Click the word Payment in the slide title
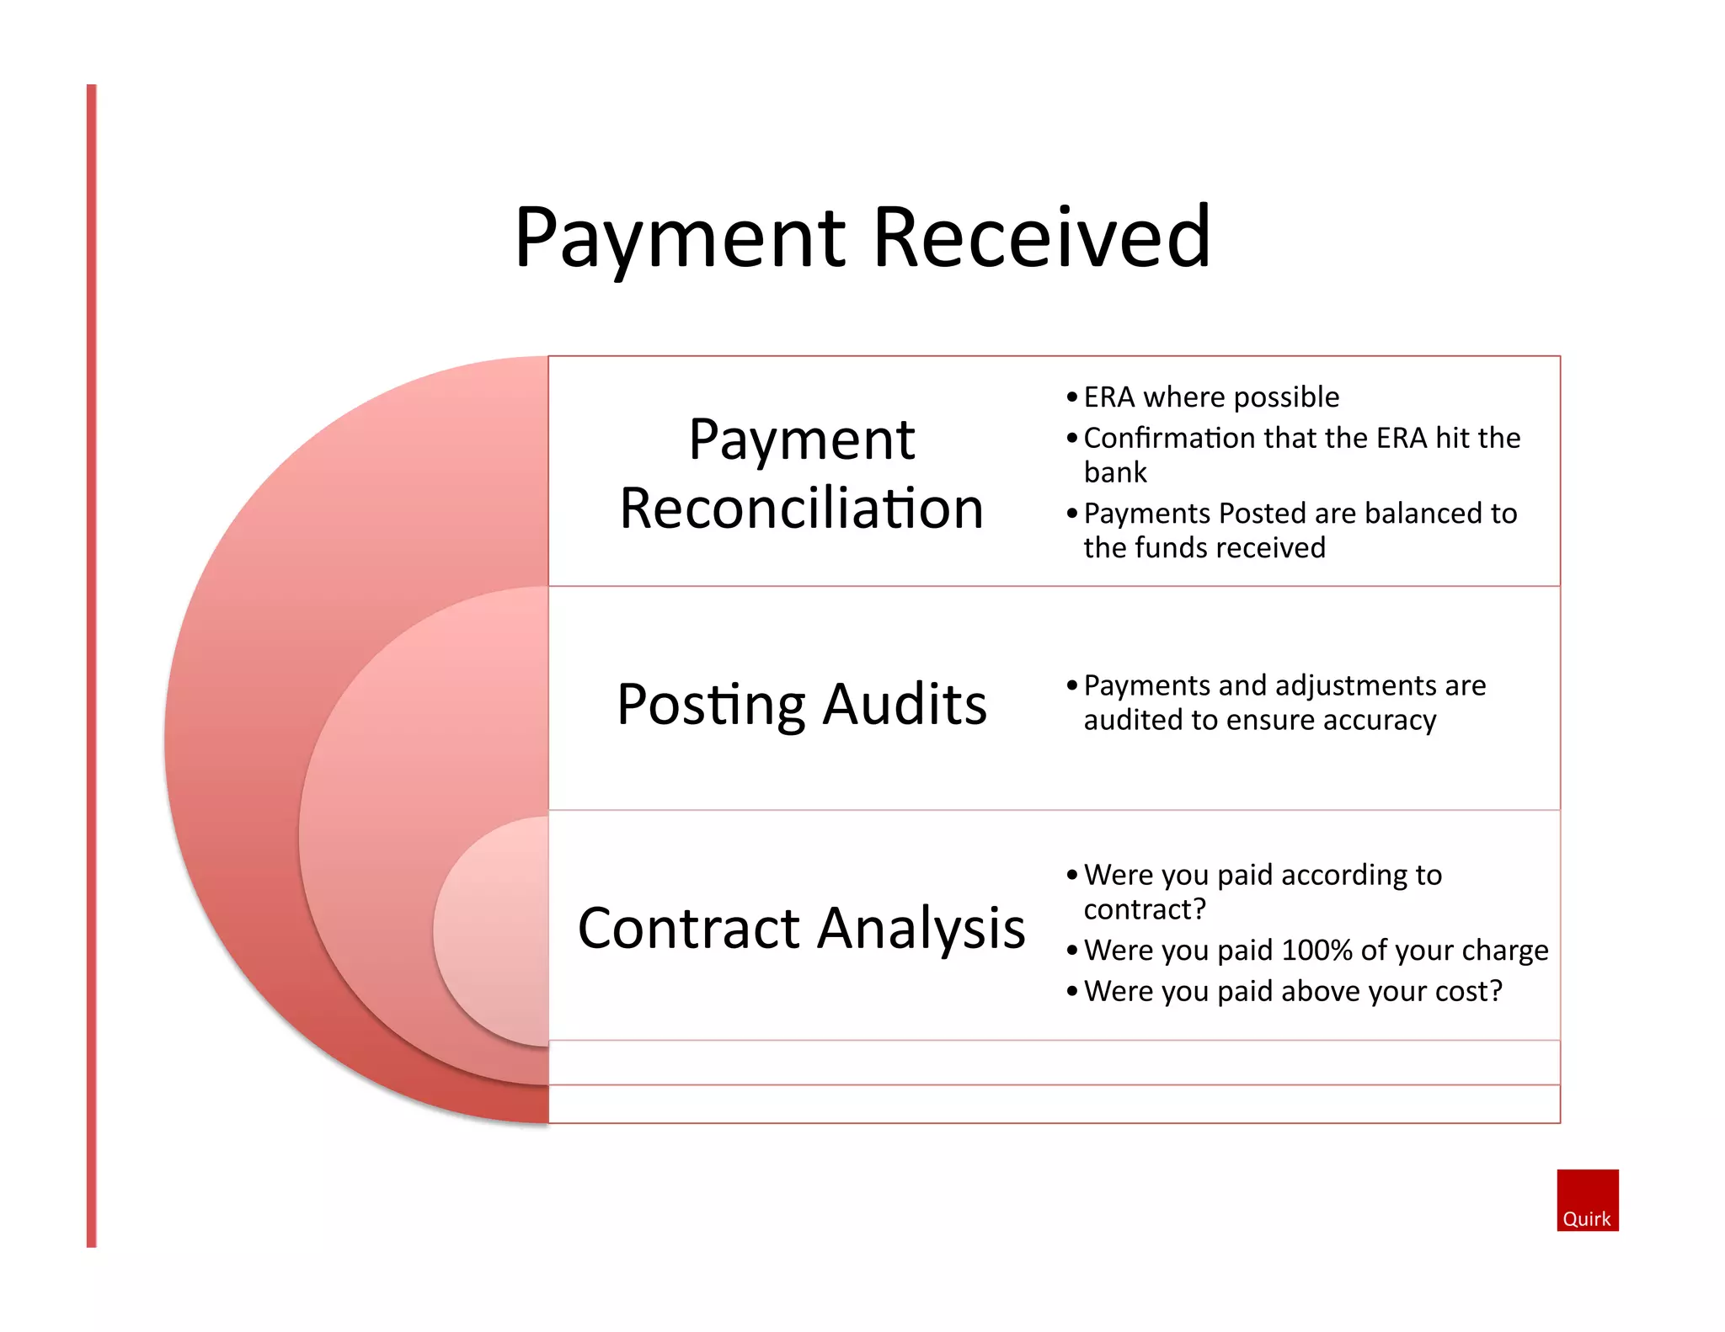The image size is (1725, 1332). (680, 240)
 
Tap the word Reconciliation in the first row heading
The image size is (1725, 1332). (801, 509)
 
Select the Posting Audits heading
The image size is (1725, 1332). (801, 704)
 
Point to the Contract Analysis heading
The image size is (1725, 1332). (801, 928)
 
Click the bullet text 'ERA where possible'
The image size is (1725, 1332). (1210, 397)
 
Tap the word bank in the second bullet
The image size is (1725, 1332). (1114, 472)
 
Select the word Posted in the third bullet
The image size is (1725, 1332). (1260, 513)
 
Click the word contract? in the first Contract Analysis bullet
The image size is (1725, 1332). (1144, 909)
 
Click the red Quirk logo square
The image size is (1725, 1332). (1587, 1200)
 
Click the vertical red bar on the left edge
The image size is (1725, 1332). (92, 665)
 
